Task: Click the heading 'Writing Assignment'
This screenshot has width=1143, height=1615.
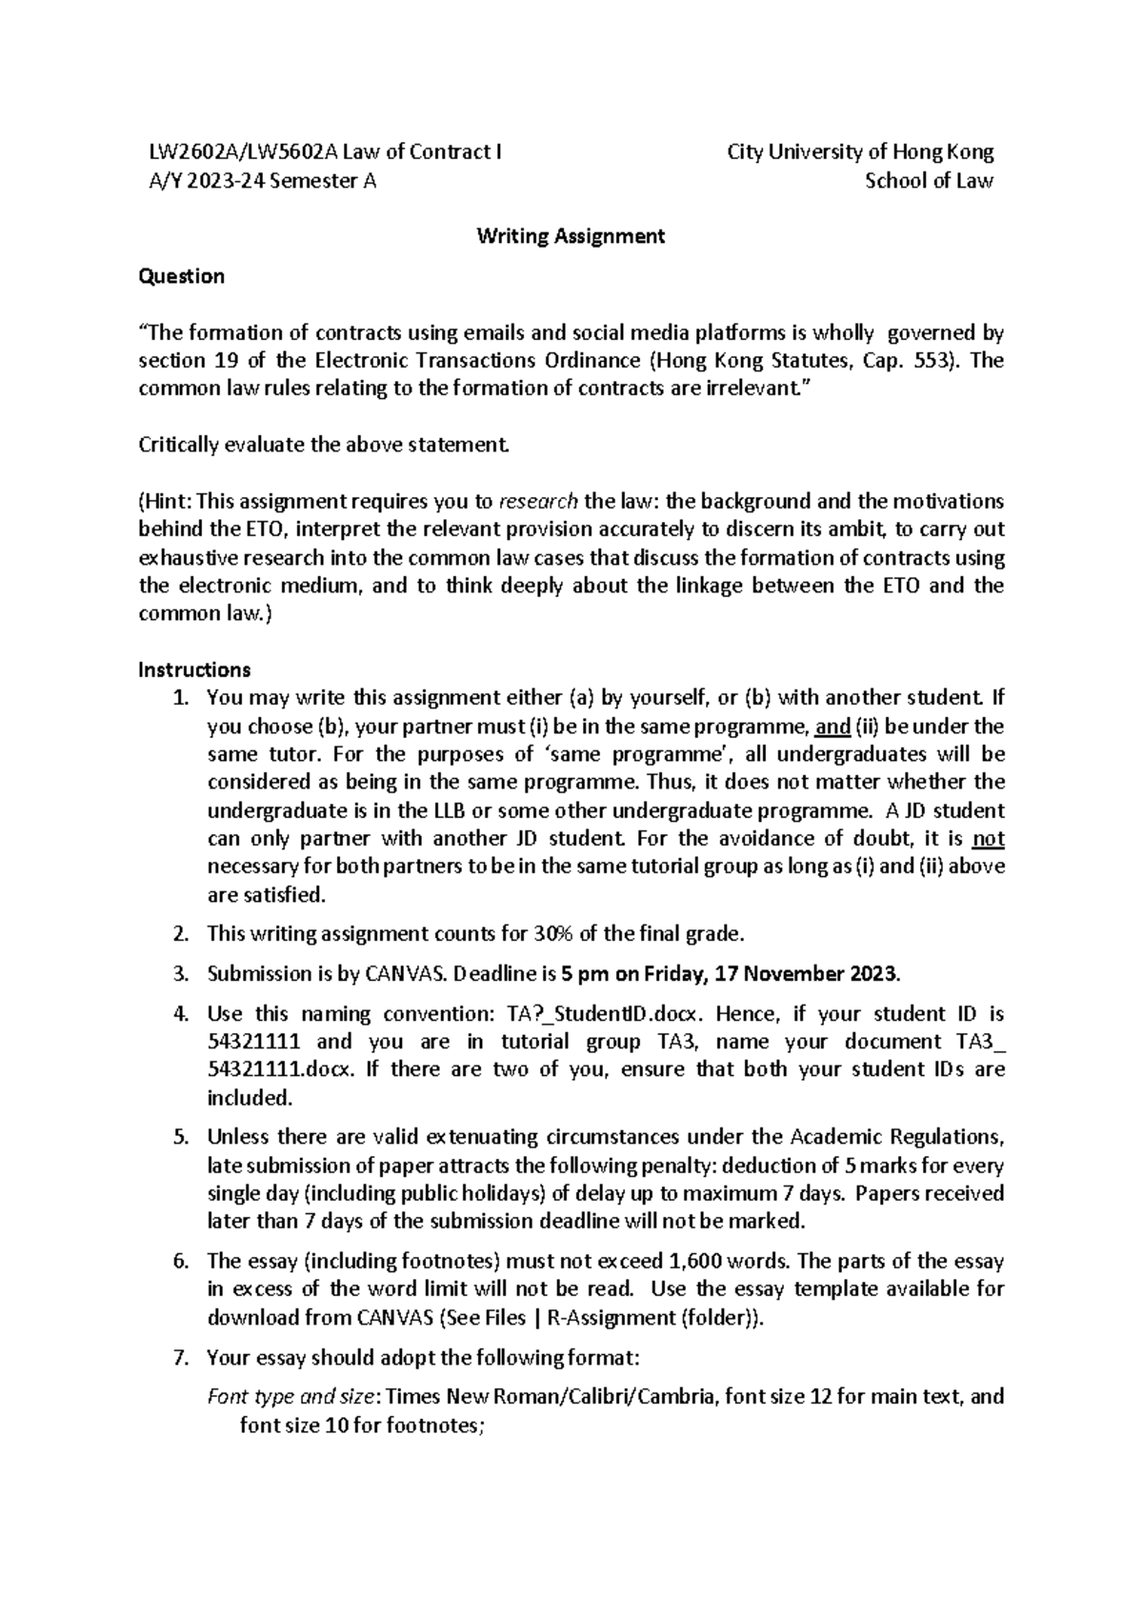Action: [571, 236]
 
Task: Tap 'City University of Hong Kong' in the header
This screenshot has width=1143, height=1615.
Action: [860, 152]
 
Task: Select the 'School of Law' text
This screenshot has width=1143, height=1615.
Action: [929, 181]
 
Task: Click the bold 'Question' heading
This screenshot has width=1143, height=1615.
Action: [181, 276]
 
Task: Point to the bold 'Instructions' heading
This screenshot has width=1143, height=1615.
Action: [194, 669]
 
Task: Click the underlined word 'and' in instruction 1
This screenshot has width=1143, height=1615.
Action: [833, 728]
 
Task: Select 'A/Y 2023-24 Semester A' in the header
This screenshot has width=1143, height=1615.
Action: [257, 181]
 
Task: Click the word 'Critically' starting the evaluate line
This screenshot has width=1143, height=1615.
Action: [178, 445]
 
